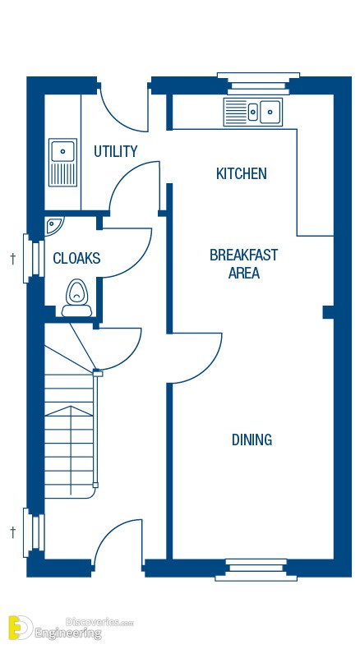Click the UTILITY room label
[x=115, y=151]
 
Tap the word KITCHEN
[x=242, y=173]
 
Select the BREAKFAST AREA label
[x=243, y=264]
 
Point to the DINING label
[x=252, y=440]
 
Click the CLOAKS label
[x=76, y=258]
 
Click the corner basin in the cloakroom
[x=53, y=226]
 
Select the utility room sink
[x=62, y=163]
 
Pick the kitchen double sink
[x=252, y=112]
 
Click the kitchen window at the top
[x=259, y=83]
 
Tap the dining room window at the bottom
[x=256, y=569]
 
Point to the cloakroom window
[x=34, y=258]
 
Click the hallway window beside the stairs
[x=34, y=533]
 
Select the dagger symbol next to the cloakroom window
[x=13, y=259]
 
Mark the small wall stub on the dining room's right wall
[x=329, y=312]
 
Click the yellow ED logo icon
[x=20, y=628]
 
